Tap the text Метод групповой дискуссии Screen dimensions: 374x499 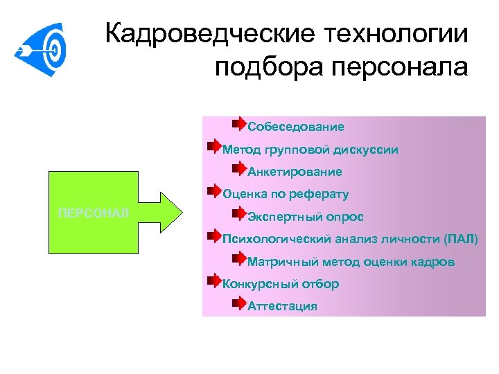tap(310, 149)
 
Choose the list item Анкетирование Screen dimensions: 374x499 tap(295, 171)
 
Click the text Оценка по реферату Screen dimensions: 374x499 tap(286, 194)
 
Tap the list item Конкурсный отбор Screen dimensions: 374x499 tap(281, 284)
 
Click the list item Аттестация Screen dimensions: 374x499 tap(282, 306)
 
